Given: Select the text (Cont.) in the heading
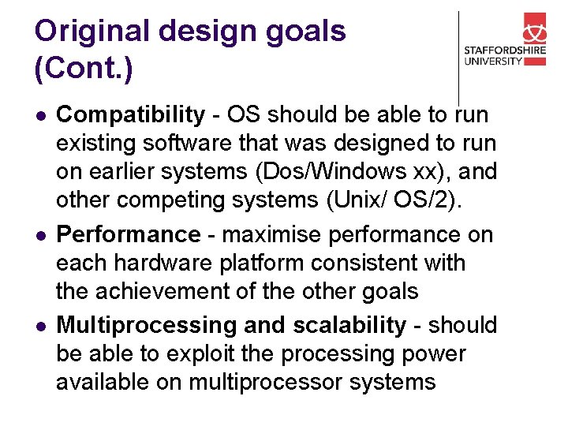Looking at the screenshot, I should (x=84, y=68).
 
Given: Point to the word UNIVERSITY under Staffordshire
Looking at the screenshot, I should (x=493, y=61).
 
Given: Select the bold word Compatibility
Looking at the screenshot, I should (x=130, y=115).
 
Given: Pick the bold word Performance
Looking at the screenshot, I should (x=129, y=235).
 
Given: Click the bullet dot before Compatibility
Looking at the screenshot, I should (x=39, y=116).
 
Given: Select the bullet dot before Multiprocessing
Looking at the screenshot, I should (x=39, y=326).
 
